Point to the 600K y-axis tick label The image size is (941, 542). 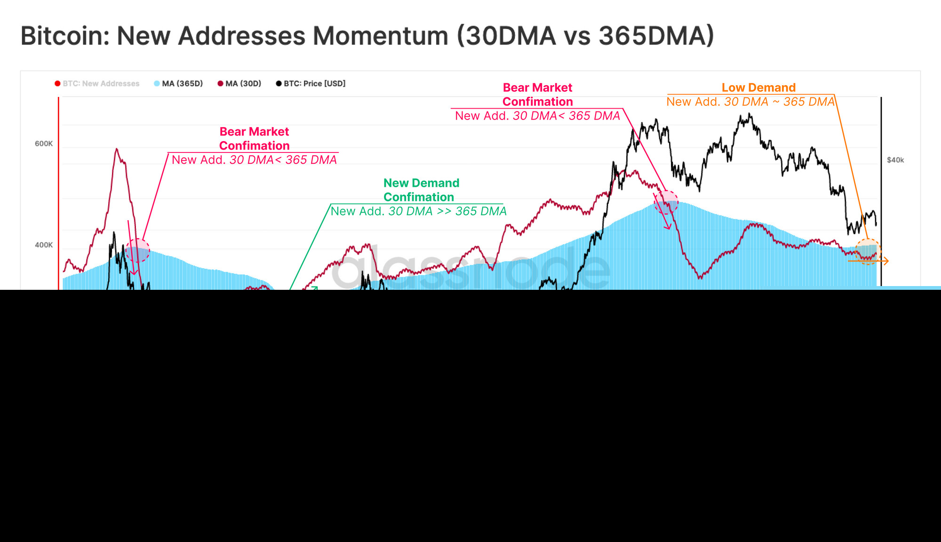[44, 144]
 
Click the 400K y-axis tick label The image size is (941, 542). [44, 245]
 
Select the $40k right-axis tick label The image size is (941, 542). [895, 160]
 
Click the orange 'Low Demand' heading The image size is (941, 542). [758, 88]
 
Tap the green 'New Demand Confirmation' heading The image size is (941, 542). [421, 190]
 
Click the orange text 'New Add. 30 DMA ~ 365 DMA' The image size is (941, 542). [750, 102]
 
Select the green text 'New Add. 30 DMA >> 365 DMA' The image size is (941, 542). [418, 211]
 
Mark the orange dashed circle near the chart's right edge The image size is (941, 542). [868, 252]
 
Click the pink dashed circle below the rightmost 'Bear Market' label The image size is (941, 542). [666, 202]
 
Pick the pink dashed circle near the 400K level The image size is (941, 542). [137, 250]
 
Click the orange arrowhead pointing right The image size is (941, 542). [886, 261]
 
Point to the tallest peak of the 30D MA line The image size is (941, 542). [116, 150]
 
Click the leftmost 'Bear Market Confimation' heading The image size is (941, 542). [254, 139]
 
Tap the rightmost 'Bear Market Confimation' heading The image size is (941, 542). [537, 95]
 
